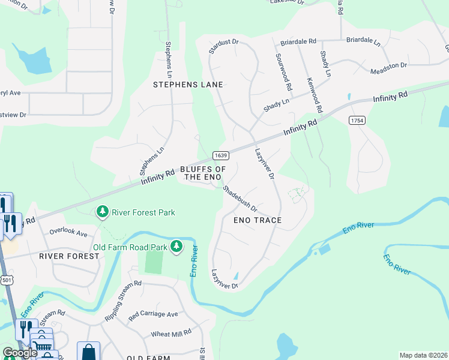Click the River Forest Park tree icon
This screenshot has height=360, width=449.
click(103, 212)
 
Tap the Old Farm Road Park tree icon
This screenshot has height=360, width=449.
click(176, 247)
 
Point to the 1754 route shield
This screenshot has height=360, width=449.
click(357, 121)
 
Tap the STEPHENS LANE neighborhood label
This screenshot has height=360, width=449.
click(188, 85)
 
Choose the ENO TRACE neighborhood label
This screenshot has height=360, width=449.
click(257, 220)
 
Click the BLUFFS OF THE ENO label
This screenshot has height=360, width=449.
click(203, 173)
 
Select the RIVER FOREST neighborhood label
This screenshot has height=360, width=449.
click(68, 256)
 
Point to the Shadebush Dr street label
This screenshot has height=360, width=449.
click(240, 199)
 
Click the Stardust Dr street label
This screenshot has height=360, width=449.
click(224, 47)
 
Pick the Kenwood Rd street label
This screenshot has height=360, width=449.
click(315, 95)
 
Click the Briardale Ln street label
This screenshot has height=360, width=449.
click(363, 42)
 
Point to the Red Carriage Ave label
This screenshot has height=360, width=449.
click(153, 314)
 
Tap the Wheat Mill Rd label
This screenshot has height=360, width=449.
click(170, 332)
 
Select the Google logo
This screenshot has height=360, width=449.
click(20, 353)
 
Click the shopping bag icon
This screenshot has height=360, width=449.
click(88, 351)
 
